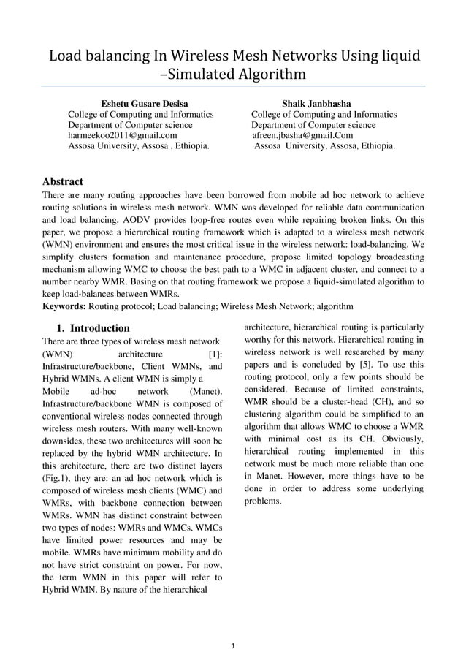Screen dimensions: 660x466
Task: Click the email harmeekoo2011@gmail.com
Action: [122, 135]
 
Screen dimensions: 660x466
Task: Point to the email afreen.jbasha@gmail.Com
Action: [302, 135]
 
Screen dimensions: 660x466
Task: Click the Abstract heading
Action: [63, 181]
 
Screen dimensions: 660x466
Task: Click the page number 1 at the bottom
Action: [232, 645]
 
